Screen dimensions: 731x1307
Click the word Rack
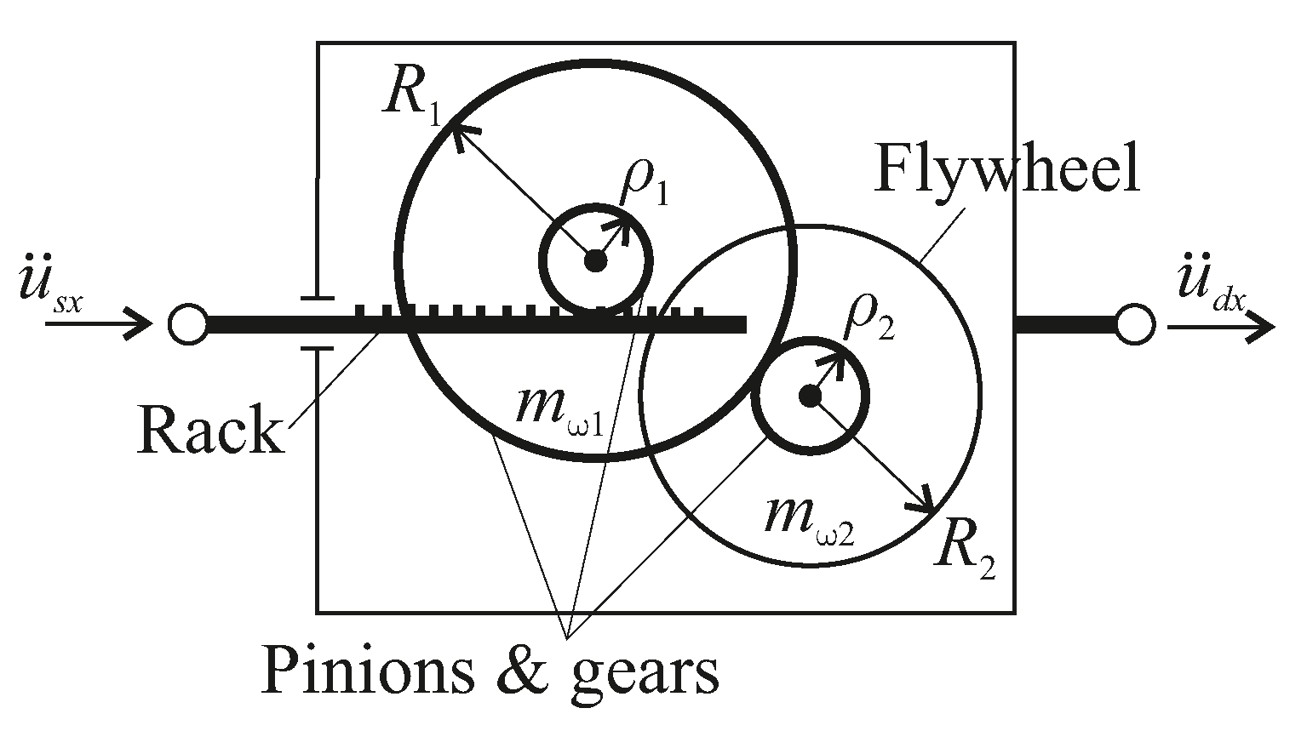tap(209, 430)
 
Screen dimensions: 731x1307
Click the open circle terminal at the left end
tap(187, 324)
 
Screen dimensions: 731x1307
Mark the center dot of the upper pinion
tap(596, 261)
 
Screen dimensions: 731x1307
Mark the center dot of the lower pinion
tap(809, 395)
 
